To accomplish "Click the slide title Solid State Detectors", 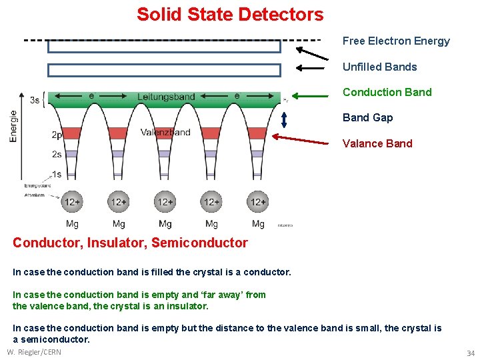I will [x=230, y=15].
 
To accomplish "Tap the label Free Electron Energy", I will [x=396, y=41].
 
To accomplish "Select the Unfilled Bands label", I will [x=379, y=67].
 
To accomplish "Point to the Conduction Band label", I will [x=387, y=92].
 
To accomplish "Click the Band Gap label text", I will [x=367, y=117].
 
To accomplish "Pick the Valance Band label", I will [x=377, y=143].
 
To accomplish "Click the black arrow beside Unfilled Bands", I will [x=312, y=67].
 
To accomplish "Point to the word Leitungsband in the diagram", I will [x=166, y=97].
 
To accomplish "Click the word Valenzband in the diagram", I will [x=165, y=132].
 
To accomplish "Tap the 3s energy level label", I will [x=35, y=100].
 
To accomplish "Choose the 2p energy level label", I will [x=57, y=135].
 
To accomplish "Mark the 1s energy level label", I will [x=56, y=175].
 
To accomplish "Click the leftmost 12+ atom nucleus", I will [x=72, y=201].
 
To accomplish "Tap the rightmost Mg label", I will [x=258, y=224].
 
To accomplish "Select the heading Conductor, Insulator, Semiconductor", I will [x=130, y=243].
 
